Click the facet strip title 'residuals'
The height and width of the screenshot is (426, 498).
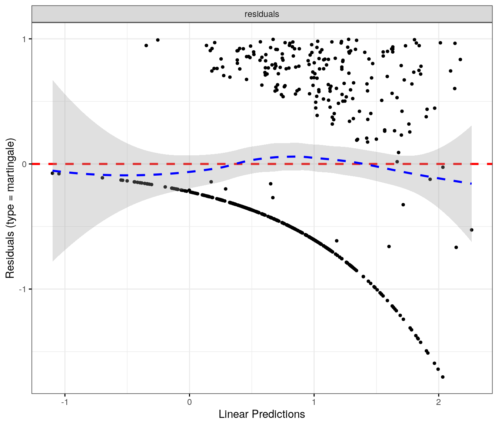pos(262,14)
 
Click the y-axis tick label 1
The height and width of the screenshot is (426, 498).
pos(24,39)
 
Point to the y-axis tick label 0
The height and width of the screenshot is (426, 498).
pos(24,164)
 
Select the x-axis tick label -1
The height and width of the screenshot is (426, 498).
pos(64,402)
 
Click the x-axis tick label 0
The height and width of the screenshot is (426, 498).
pos(189,402)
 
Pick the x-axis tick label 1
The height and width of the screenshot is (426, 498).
pos(314,402)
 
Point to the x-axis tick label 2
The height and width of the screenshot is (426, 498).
pos(438,402)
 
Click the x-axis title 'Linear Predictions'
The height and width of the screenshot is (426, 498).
pos(262,414)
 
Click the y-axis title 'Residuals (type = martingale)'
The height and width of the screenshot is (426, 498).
pos(10,208)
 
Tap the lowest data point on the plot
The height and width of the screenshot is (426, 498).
pos(442,377)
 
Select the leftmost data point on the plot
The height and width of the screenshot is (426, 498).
pos(52,173)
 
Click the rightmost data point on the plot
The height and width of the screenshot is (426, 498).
pos(471,230)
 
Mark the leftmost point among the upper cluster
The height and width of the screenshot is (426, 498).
pos(146,45)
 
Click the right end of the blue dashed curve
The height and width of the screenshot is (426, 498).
pos(471,183)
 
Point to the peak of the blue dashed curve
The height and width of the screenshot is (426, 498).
pos(293,156)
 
